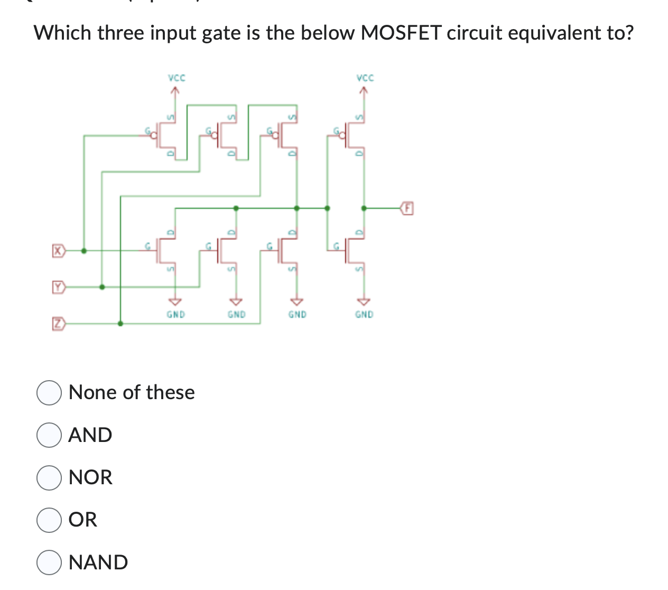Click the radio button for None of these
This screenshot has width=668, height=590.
tap(49, 393)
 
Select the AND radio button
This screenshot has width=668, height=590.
tap(49, 435)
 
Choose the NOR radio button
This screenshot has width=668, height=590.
tap(49, 477)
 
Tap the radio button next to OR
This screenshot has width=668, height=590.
tap(49, 520)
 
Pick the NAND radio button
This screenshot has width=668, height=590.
tap(49, 563)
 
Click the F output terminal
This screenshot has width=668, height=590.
tap(406, 208)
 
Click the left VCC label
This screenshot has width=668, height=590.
tap(177, 78)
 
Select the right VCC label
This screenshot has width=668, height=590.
tap(365, 78)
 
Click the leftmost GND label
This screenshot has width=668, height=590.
tap(176, 315)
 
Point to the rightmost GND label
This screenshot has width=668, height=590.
tap(364, 315)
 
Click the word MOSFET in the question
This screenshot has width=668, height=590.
tap(401, 33)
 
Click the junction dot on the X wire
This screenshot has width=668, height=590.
tap(83, 251)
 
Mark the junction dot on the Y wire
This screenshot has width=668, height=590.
tap(102, 287)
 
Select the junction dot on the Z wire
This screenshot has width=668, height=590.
tap(120, 323)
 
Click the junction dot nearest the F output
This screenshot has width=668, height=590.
tap(363, 208)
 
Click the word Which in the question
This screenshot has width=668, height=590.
tap(62, 33)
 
